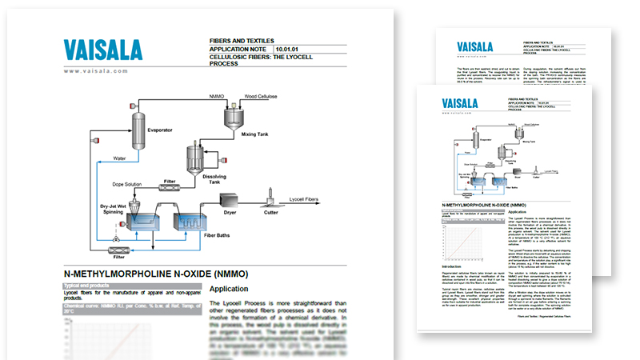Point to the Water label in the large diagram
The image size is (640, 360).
tap(120, 158)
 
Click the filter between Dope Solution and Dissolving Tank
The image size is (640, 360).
tap(169, 190)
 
